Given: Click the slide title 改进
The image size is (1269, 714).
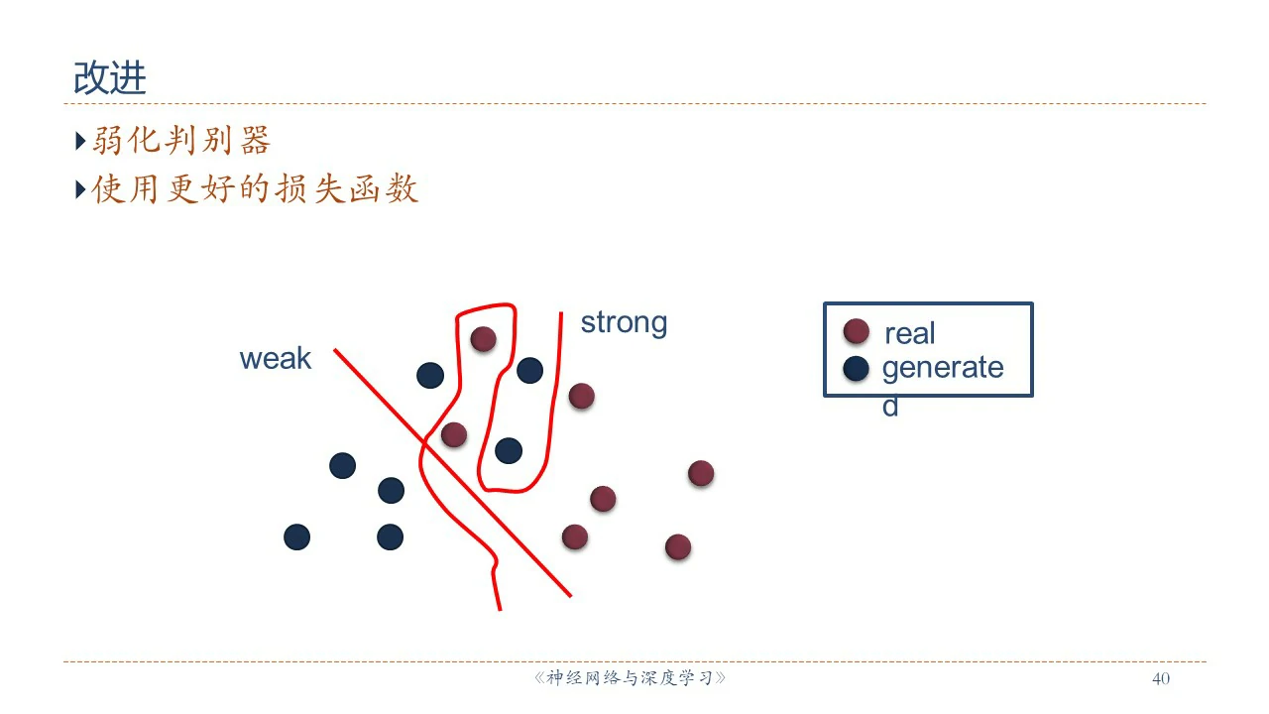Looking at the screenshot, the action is point(110,77).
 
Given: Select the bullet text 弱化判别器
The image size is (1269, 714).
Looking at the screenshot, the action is point(181,140).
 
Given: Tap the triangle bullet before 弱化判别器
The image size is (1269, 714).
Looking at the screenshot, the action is point(80,141).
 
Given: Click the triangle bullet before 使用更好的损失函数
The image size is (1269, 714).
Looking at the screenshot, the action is point(80,189).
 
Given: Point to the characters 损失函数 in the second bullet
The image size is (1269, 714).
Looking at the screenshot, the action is point(347,188).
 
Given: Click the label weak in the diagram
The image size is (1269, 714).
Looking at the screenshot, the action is point(276,359).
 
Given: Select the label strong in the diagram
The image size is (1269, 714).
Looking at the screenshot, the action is point(624,323).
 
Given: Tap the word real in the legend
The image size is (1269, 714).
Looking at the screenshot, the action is point(910,333).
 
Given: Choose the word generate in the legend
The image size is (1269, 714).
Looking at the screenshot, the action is point(943,368).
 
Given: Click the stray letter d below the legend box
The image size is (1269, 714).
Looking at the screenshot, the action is point(890,407).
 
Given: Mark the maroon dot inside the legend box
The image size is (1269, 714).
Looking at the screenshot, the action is point(856,331).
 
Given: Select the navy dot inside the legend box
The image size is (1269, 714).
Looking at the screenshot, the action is point(856,368).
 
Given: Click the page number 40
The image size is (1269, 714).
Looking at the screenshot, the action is point(1161,678).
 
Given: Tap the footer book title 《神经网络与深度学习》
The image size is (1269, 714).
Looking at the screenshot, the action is point(630,677).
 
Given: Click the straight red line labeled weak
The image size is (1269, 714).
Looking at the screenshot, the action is point(453,473).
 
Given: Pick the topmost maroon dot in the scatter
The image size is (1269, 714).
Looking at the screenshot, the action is point(483,339).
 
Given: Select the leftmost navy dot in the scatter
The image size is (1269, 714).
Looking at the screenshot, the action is point(296,537).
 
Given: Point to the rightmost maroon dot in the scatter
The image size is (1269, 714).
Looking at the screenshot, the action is point(701,473).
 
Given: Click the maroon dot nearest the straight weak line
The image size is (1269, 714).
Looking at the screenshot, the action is point(454,434).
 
